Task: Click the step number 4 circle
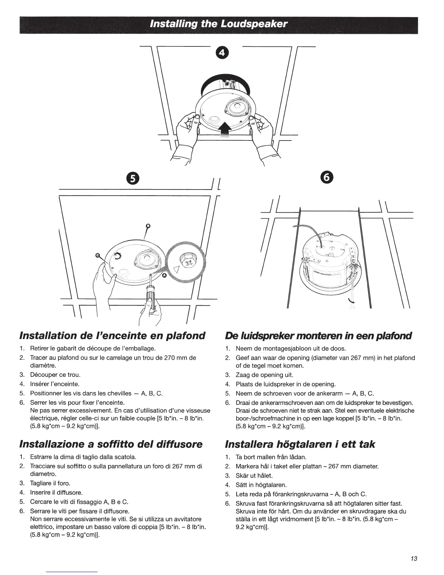[222, 53]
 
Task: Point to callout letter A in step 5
[164, 276]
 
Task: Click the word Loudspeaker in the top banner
[258, 24]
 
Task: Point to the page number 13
[414, 559]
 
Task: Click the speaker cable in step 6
[308, 228]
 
